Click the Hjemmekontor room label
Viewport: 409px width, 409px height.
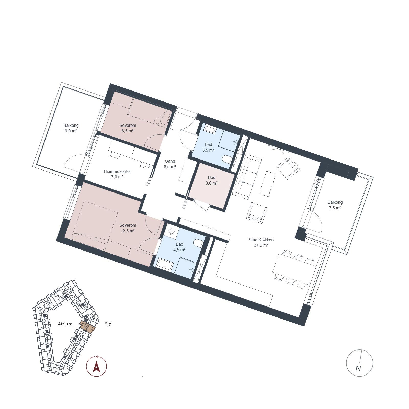pos(117,171)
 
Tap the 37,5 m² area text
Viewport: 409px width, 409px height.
pos(261,245)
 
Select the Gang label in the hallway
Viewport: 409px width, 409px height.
pos(170,161)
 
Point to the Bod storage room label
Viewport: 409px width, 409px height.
pos(212,177)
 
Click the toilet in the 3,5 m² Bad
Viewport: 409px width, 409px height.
pos(226,160)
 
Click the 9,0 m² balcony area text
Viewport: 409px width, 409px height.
pos(71,131)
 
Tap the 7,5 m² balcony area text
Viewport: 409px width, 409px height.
pos(335,208)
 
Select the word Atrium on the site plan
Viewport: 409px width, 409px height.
pos(65,324)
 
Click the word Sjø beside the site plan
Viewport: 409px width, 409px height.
pos(108,324)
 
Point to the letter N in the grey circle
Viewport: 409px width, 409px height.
pos(358,368)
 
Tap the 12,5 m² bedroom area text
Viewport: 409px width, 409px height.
pos(128,231)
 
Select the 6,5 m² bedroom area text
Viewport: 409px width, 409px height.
pos(128,131)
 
